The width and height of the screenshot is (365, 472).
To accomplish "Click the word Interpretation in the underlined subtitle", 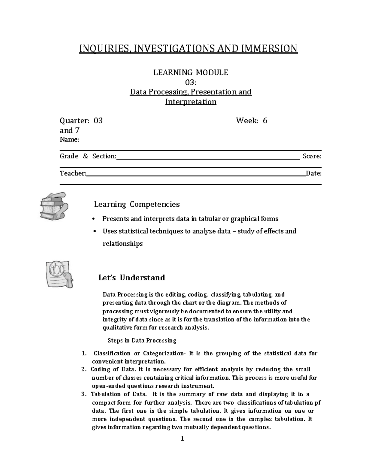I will (191, 102).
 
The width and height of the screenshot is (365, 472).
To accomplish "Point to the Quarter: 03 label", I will (81, 121).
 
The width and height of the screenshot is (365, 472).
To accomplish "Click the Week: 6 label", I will (252, 121).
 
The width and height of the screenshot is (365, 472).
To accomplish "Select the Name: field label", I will (70, 140).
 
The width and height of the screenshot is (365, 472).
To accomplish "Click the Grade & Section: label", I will (88, 156).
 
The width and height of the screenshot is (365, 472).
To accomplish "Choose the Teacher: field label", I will (73, 173).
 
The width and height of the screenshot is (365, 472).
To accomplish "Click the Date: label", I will (314, 173).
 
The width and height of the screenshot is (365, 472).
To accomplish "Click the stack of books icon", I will (54, 206).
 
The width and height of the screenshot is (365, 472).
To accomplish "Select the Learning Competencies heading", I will (137, 204).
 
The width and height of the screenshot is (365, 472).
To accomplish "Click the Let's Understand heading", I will (131, 277).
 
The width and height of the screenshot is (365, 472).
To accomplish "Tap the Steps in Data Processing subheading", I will (142, 340).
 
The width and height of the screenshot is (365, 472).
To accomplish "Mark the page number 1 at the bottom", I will (182, 439).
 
